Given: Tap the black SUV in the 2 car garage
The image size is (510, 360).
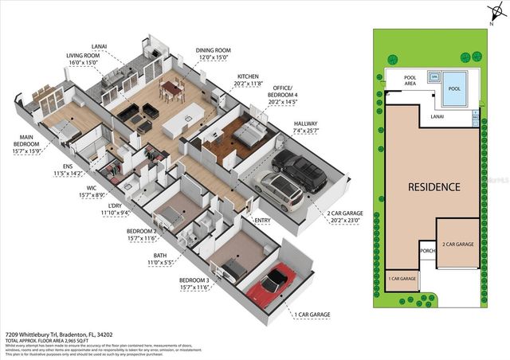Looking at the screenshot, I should (x=299, y=171).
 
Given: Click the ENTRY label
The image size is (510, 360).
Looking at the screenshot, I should (x=262, y=221).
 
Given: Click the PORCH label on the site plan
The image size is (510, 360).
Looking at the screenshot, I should (x=426, y=253).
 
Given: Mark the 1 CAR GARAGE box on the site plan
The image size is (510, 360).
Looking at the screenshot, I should (x=402, y=278).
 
